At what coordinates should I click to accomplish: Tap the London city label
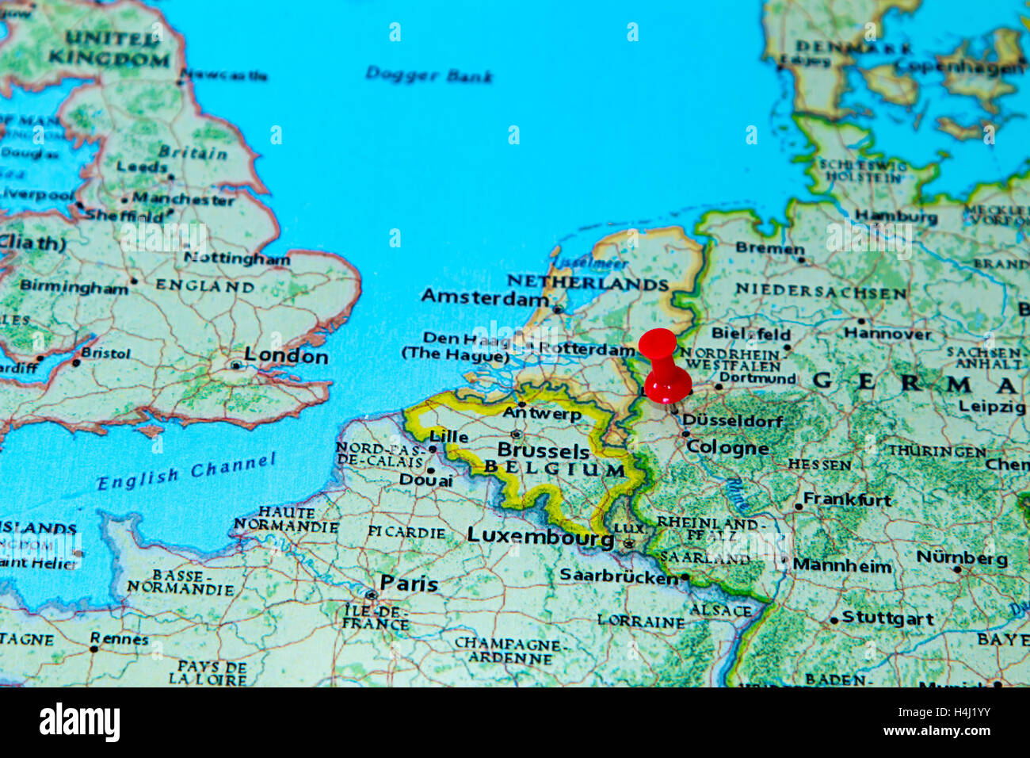(285, 356)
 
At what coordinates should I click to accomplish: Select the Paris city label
(408, 584)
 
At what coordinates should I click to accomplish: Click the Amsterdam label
(484, 297)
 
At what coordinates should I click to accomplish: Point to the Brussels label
(544, 450)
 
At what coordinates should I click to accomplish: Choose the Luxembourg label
(540, 536)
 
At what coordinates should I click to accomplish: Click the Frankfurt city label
(847, 500)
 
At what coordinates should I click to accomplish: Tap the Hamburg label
(895, 216)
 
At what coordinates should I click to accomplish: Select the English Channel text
(186, 472)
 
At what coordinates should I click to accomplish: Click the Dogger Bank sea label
(429, 75)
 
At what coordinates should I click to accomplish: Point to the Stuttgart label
(887, 618)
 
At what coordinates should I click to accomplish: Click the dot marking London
(235, 365)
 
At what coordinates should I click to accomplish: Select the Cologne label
(727, 447)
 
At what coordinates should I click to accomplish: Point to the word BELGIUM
(555, 469)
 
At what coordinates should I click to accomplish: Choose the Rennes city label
(119, 638)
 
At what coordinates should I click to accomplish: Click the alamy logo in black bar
(79, 722)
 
